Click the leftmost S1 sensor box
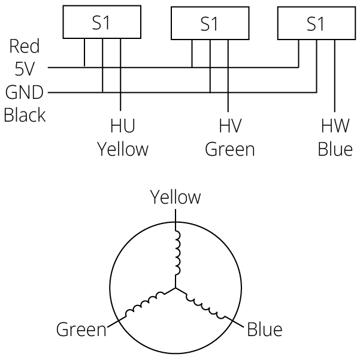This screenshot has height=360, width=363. pyautogui.click(x=102, y=23)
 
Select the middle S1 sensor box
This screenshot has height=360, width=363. pyautogui.click(x=209, y=25)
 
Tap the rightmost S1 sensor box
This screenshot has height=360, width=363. pyautogui.click(x=315, y=23)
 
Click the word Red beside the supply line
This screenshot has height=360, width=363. pyautogui.click(x=25, y=47)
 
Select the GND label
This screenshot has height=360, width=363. pyautogui.click(x=24, y=93)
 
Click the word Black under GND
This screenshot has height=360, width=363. pyautogui.click(x=25, y=114)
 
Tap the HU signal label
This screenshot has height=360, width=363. pyautogui.click(x=122, y=126)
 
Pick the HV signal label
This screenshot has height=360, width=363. pyautogui.click(x=230, y=126)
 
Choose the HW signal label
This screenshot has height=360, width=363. pyautogui.click(x=335, y=126)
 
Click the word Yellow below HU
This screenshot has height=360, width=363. pyautogui.click(x=122, y=149)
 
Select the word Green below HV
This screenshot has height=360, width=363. pyautogui.click(x=230, y=149)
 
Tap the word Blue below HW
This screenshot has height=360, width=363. pyautogui.click(x=335, y=149)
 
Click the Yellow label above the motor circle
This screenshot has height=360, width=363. pyautogui.click(x=176, y=197)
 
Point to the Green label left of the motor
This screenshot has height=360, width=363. pyautogui.click(x=81, y=329)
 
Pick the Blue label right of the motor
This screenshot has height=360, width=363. pyautogui.click(x=264, y=329)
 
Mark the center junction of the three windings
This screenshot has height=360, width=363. pyautogui.click(x=176, y=288)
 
